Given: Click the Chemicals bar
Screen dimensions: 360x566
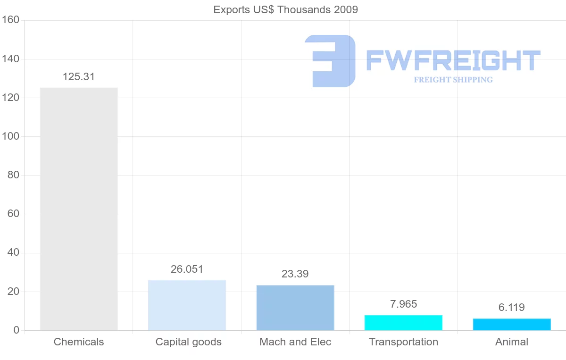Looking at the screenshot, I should [79, 209].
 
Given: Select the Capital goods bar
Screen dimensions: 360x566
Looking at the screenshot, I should [187, 305].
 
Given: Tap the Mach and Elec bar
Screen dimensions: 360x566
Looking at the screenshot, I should [295, 308].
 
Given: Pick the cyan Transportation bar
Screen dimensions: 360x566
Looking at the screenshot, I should [403, 323].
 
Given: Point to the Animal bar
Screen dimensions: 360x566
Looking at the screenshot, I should [512, 325].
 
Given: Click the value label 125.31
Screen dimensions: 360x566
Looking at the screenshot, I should [79, 77].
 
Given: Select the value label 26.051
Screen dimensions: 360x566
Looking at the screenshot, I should [187, 269].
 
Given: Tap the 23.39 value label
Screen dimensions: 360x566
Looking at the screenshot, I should [295, 274].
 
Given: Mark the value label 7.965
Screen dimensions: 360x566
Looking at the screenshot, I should [403, 304].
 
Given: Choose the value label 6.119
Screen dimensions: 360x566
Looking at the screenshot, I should [512, 308].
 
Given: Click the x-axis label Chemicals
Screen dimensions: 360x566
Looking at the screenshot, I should [79, 342].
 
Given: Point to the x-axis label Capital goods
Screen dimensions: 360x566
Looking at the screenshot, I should [188, 342].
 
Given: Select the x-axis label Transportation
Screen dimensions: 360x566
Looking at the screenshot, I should [403, 342].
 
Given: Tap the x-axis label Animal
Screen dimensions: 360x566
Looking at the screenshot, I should [512, 342].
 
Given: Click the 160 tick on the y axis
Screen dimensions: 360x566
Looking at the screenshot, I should [10, 20].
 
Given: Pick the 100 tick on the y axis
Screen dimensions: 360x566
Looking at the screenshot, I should [10, 136].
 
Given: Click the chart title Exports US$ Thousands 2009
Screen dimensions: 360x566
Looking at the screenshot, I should [286, 9].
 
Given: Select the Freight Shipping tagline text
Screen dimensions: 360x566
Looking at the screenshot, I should [453, 80].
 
